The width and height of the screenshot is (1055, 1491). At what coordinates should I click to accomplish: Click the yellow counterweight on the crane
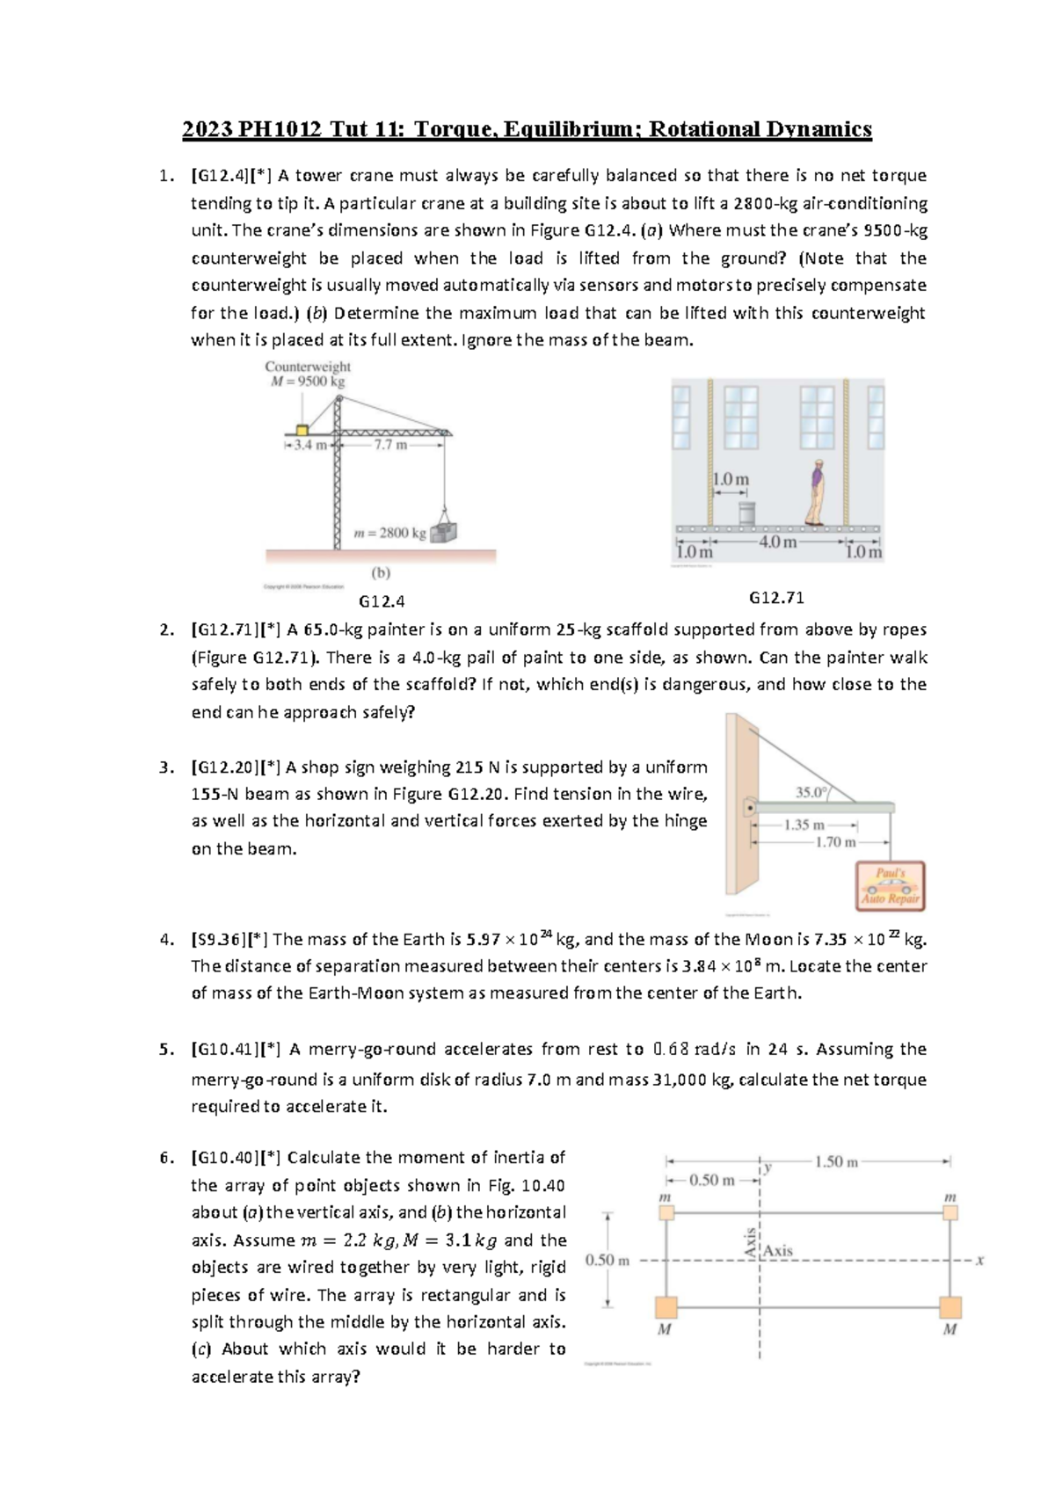click(x=302, y=431)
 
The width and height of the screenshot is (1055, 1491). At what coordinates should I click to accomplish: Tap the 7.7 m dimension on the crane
click(x=390, y=445)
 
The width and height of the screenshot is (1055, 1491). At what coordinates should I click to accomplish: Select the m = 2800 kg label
click(x=389, y=533)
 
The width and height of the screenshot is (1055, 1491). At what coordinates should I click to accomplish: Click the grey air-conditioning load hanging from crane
click(x=444, y=532)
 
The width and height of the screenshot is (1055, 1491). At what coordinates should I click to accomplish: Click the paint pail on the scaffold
click(x=746, y=513)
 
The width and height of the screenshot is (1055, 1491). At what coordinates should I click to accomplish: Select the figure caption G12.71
click(x=776, y=598)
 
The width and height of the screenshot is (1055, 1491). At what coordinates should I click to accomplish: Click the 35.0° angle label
click(x=811, y=792)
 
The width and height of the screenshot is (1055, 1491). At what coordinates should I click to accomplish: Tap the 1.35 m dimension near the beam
click(x=804, y=825)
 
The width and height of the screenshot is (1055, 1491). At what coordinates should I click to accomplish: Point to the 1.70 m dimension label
click(x=834, y=842)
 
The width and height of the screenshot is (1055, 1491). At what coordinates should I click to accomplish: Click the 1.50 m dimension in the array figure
click(x=836, y=1161)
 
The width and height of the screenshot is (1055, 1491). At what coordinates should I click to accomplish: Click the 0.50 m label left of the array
click(x=607, y=1260)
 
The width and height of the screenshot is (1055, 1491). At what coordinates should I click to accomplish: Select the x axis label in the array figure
click(x=979, y=1260)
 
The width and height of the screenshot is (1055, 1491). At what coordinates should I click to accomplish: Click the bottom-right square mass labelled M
click(x=949, y=1306)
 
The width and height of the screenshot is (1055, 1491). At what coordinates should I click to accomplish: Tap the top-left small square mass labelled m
click(x=666, y=1213)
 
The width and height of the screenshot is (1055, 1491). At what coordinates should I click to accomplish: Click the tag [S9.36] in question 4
click(x=218, y=939)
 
